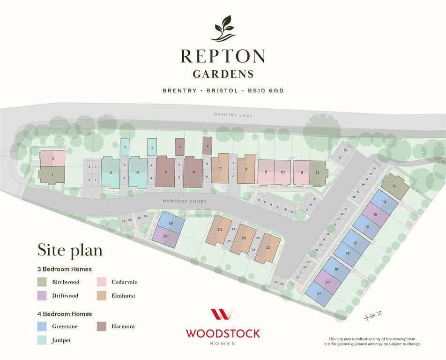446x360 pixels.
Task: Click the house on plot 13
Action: click(395, 186)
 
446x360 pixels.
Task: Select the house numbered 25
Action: click(171, 223)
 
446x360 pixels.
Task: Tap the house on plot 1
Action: click(52, 175)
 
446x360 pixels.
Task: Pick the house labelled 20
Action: click(327, 282)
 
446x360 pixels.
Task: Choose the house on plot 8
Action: click(246, 169)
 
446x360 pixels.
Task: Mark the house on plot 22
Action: click(268, 247)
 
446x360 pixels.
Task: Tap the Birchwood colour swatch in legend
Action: click(42, 282)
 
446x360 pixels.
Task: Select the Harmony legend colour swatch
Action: click(102, 326)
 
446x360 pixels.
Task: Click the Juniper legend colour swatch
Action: click(42, 340)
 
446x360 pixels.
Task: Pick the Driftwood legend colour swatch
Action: click(42, 296)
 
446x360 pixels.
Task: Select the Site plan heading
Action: click(70, 250)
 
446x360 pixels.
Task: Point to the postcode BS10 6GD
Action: click(262, 90)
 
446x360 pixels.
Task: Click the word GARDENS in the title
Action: click(223, 74)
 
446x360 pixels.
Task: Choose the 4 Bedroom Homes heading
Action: click(65, 314)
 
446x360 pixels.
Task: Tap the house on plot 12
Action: click(318, 172)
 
